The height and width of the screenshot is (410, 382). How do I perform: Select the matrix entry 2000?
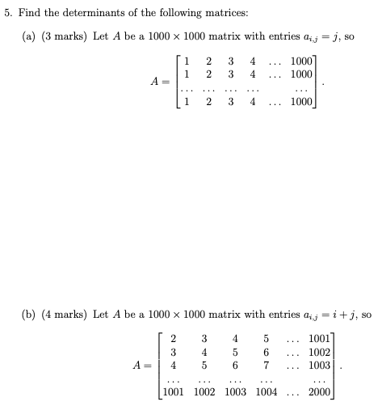pyautogui.click(x=319, y=391)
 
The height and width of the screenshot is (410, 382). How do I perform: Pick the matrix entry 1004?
pyautogui.click(x=265, y=391)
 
